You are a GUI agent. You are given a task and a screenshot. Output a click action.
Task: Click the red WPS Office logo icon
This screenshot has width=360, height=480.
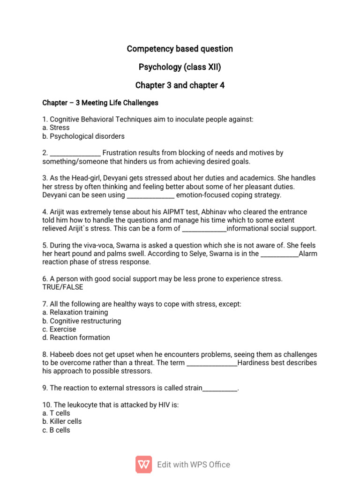coord(144,465)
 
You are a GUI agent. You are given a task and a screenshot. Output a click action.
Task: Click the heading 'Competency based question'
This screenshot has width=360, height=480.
coord(180,49)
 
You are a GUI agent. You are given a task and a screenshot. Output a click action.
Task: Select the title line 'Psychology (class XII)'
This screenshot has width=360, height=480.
coord(180,67)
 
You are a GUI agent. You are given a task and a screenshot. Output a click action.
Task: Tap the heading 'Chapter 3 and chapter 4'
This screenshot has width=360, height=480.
coord(180,85)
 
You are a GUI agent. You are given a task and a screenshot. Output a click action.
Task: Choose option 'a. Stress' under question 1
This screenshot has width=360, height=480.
coord(56,127)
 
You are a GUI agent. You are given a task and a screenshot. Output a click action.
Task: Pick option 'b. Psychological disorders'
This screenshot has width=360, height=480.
coord(83,136)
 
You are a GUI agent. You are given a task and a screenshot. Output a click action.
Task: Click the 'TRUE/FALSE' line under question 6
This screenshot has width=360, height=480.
coord(62,287)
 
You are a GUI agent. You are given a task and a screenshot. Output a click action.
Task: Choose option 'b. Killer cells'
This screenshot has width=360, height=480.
coord(62,421)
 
